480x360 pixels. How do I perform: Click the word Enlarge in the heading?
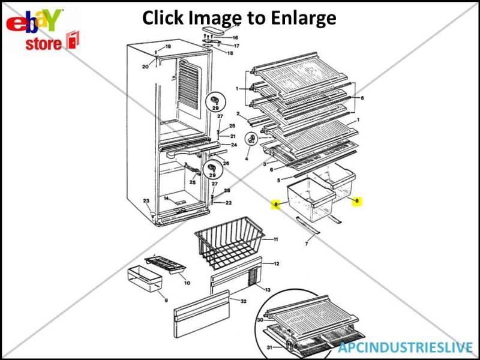click(x=299, y=18)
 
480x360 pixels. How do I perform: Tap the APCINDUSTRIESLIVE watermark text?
click(x=405, y=347)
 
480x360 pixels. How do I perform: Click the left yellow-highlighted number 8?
click(x=276, y=205)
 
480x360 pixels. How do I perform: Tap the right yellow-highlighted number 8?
click(x=356, y=201)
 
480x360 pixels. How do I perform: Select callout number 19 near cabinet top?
click(x=168, y=47)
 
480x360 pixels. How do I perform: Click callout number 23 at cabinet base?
click(x=145, y=201)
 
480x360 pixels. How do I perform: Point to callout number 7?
click(x=307, y=245)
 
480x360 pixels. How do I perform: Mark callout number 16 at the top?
click(x=235, y=37)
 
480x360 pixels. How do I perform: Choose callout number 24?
click(x=234, y=145)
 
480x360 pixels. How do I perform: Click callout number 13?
click(x=268, y=290)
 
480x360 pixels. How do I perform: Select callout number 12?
click(x=277, y=263)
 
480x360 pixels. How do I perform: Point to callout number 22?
click(x=229, y=203)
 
